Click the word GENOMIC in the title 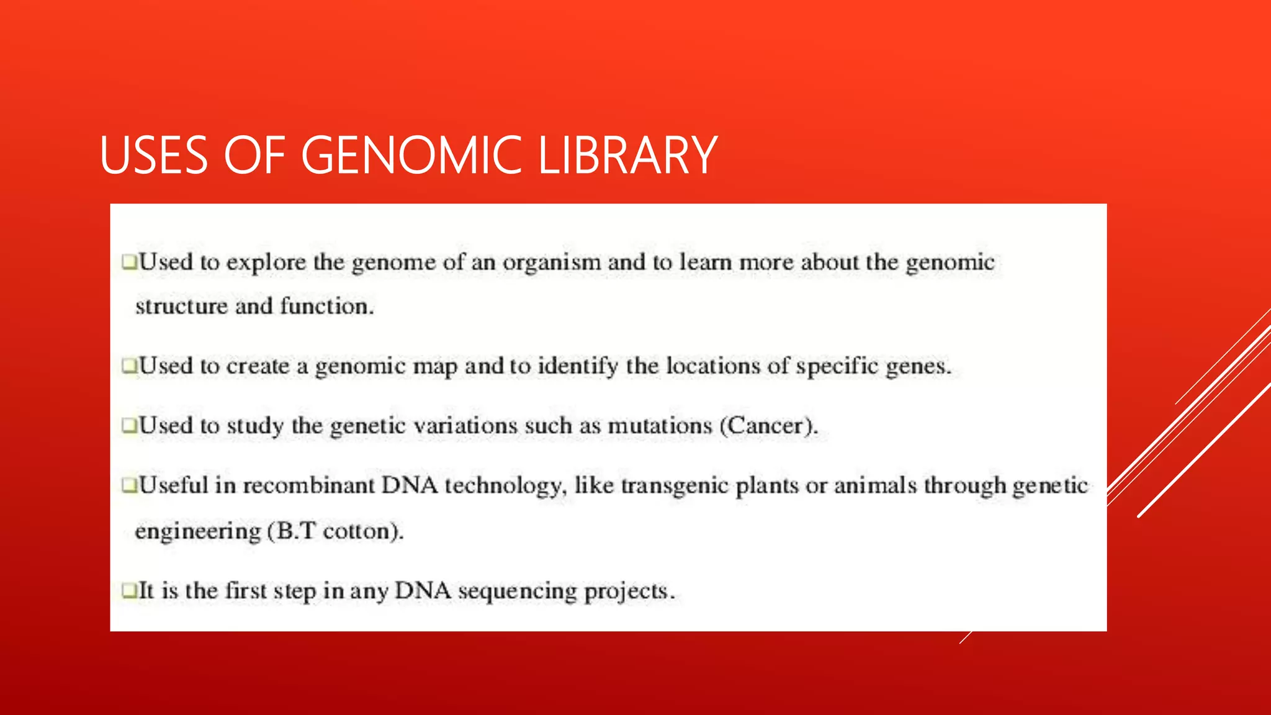tap(411, 155)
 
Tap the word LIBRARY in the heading tap(627, 155)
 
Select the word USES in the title tap(153, 155)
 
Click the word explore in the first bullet tap(266, 263)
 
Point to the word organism tap(552, 263)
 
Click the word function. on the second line tap(327, 306)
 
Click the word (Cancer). tap(769, 426)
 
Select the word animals tap(875, 485)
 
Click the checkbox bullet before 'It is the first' tap(129, 590)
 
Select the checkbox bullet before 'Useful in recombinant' tap(129, 485)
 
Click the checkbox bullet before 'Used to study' tap(129, 425)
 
